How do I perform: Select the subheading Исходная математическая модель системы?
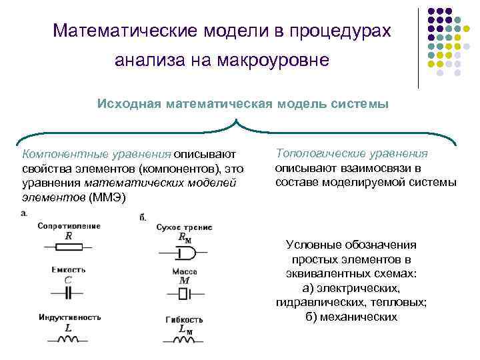coord(243,105)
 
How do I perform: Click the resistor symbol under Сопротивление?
coord(69,246)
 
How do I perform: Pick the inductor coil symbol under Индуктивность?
coord(68,339)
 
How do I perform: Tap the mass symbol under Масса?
coord(185,295)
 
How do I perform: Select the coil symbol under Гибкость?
coord(185,339)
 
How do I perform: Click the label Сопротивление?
coord(69,226)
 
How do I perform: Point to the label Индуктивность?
coord(69,317)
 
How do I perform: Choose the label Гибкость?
coord(185,319)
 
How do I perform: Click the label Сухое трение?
coord(185,227)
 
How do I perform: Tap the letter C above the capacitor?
coord(68,280)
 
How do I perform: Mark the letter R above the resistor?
coord(69,235)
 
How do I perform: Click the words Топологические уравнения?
coord(351,154)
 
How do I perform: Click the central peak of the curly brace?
coord(237,122)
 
